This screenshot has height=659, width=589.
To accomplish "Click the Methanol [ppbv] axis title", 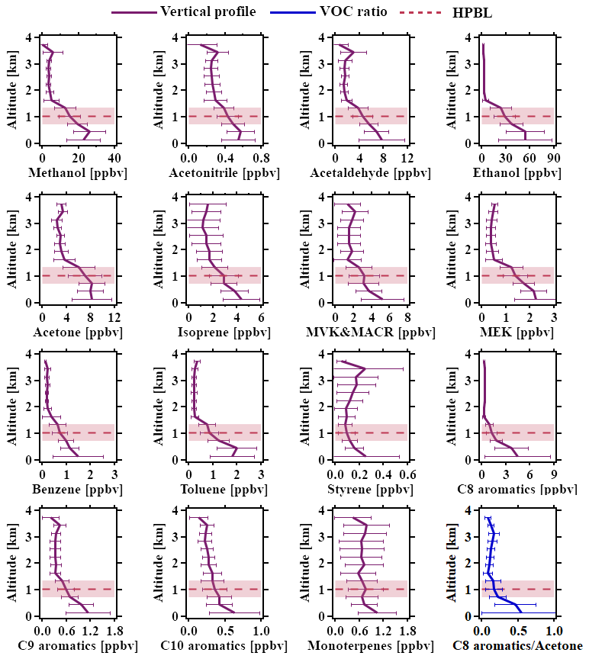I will tap(78, 173).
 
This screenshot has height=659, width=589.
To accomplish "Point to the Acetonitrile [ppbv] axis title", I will tap(224, 173).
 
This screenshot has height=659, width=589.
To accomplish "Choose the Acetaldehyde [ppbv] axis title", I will tap(371, 173).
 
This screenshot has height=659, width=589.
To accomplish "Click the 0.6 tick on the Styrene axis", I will tap(407, 474).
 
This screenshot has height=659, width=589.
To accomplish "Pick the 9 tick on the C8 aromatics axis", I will tap(554, 474).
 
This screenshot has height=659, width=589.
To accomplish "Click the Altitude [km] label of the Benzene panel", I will tap(12, 407).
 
